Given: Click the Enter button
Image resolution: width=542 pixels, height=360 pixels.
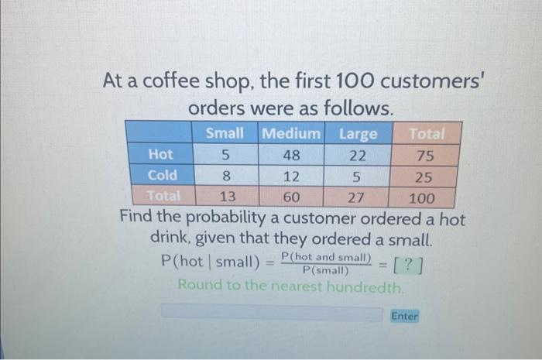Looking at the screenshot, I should point(404,316).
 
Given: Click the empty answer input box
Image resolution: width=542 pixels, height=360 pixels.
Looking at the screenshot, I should point(271,314).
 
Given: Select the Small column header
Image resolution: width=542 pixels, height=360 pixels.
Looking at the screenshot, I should point(225,134).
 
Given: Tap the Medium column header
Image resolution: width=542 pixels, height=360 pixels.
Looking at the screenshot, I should point(290,134).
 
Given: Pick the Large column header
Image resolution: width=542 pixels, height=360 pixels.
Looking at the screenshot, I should point(358,134).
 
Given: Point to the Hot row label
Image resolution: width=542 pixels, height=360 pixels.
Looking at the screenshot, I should point(160,155).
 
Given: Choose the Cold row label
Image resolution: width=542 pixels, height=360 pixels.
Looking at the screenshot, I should point(162,175).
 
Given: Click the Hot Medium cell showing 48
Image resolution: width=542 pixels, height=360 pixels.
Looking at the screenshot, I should point(290,155).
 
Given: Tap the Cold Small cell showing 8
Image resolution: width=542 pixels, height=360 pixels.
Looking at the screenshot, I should point(225,176).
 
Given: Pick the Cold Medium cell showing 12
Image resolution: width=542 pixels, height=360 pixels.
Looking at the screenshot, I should point(290,176).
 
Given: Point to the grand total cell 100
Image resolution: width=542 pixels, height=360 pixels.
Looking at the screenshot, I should point(423,196).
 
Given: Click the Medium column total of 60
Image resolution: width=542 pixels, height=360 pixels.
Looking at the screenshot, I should point(290,196).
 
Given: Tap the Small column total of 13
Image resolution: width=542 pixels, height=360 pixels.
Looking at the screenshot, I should point(225,196).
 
